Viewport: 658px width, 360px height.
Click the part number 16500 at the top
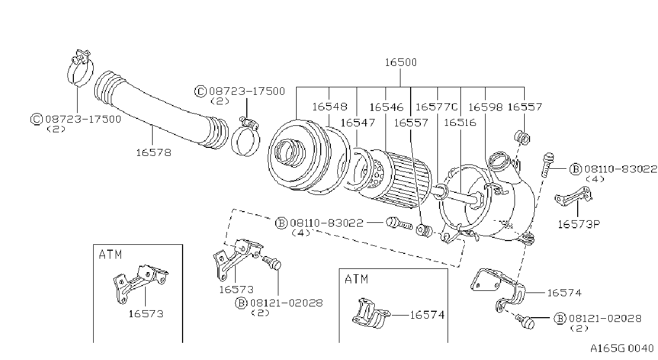(400, 62)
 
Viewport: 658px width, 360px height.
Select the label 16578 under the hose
(154, 153)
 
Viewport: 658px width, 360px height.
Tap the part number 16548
(330, 107)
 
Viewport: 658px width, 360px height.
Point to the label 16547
(358, 123)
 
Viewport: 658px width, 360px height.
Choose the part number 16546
(386, 107)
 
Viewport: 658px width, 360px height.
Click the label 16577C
(436, 107)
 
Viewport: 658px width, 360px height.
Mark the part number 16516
(460, 123)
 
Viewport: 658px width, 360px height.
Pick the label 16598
(485, 107)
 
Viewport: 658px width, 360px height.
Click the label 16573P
(578, 224)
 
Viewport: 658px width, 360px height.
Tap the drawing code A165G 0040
(622, 349)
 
